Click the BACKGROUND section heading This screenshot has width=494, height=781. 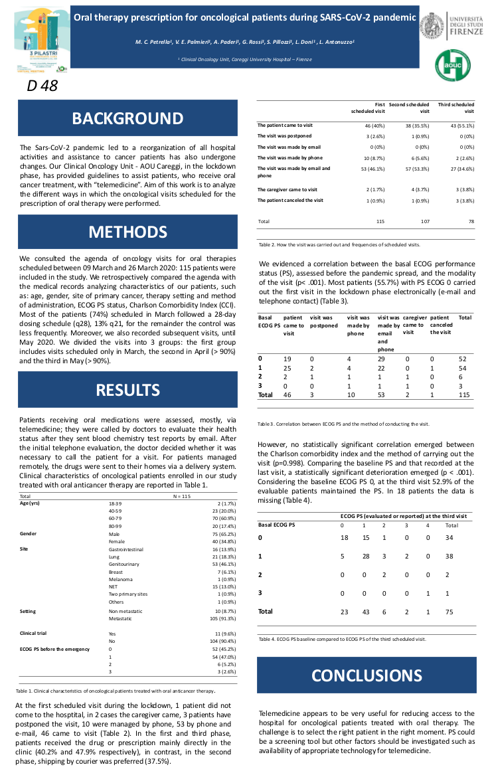click(119, 118)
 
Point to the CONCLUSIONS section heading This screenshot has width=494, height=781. click(367, 675)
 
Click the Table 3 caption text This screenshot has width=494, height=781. click(343, 424)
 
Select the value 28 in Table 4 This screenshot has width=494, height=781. click(364, 556)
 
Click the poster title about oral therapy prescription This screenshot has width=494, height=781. click(245, 17)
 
